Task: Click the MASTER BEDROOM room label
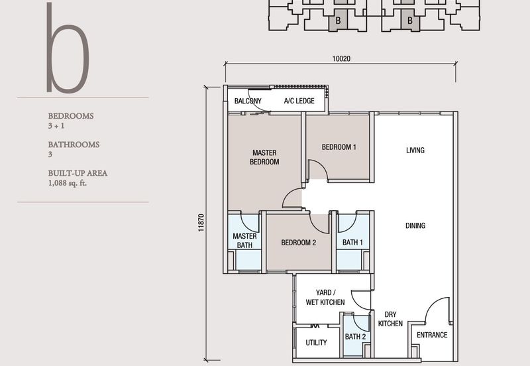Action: tap(264, 157)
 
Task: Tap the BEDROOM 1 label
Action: tap(339, 147)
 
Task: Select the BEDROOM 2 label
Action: tap(298, 243)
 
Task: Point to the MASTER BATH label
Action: tap(244, 241)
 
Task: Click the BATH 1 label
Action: tap(352, 243)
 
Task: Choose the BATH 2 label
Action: tap(355, 337)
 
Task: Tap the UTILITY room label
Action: tap(316, 343)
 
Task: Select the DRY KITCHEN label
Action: tap(390, 319)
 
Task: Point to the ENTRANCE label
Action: tap(431, 335)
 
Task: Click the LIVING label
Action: tap(415, 151)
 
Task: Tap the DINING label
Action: tap(415, 226)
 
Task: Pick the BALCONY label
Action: tap(248, 101)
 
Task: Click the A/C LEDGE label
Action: tap(299, 101)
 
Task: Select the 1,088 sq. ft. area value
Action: tap(68, 183)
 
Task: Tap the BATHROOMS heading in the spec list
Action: tap(74, 144)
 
